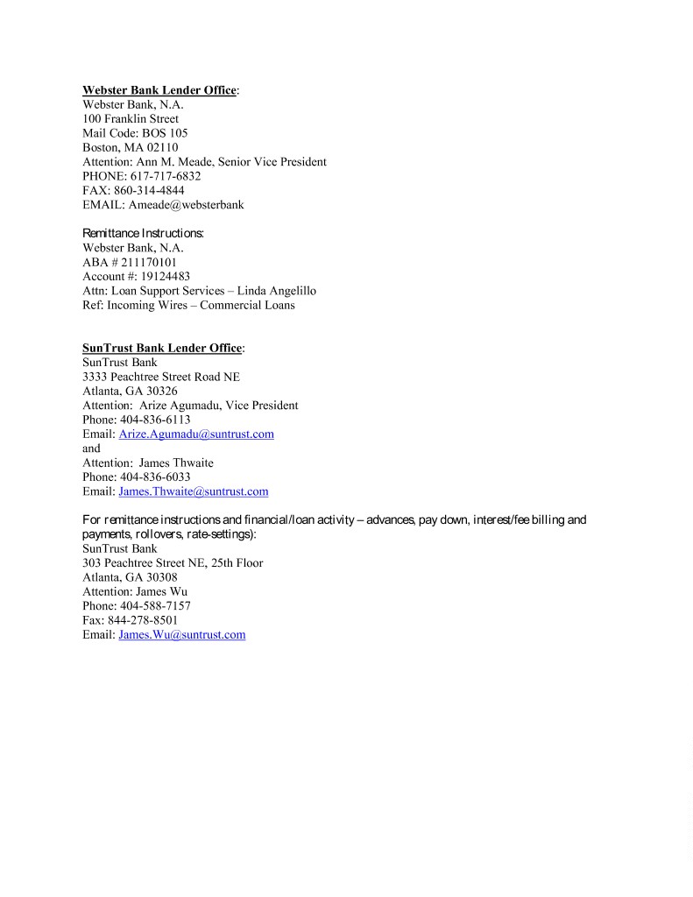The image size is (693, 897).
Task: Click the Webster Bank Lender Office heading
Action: tap(159, 90)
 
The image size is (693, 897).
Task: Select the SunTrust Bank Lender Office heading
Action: tap(161, 348)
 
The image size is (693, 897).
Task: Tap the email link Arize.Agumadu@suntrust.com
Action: tap(196, 434)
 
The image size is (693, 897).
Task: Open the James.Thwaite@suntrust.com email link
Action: tap(193, 491)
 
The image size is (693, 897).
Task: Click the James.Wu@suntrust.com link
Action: tap(181, 634)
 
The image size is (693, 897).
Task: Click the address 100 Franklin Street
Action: tap(131, 118)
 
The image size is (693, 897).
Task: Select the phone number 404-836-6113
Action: tap(155, 420)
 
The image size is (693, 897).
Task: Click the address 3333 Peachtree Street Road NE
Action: tap(161, 377)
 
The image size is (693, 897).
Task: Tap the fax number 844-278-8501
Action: tap(143, 620)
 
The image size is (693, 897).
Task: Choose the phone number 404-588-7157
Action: tap(155, 606)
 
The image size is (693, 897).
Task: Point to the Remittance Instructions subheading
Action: tap(143, 233)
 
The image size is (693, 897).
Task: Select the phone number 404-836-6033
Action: tap(155, 477)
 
